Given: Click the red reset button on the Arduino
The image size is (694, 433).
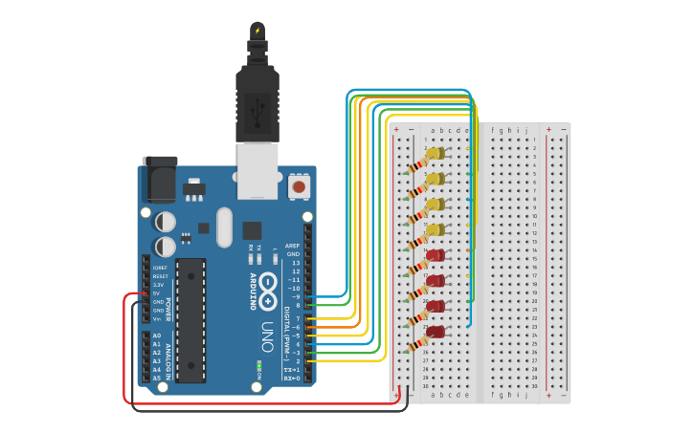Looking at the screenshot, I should (300, 186).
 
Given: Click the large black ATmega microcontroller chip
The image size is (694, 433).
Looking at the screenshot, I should (190, 319).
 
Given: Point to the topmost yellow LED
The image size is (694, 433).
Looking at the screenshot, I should (436, 153).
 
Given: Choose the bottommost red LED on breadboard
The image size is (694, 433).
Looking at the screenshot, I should (436, 332).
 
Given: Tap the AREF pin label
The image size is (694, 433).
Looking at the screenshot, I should (293, 246).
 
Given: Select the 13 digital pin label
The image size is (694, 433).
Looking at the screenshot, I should (295, 263).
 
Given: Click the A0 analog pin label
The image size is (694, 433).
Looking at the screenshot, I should (157, 336).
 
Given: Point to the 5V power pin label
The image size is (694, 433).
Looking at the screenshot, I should (157, 293).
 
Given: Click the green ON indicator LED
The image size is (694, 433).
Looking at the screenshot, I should (259, 365).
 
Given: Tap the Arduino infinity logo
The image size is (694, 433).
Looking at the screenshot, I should (268, 285).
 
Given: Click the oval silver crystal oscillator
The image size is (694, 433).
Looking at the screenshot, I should (225, 227).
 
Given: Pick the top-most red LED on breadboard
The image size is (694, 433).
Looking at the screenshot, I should (436, 255).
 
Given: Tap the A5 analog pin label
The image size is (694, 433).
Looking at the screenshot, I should (157, 379).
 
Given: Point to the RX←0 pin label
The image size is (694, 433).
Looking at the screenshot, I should (291, 379).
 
